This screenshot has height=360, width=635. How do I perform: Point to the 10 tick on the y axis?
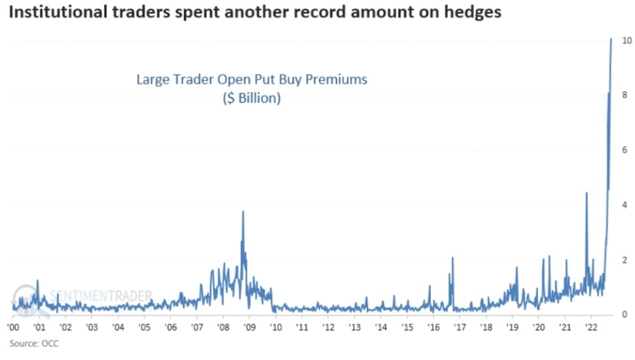(x=626, y=41)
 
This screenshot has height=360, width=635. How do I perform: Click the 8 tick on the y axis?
(x=626, y=96)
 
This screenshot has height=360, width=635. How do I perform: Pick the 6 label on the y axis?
(x=626, y=151)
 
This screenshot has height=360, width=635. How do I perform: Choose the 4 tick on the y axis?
(x=626, y=206)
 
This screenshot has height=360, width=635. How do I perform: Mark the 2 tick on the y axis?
(x=626, y=261)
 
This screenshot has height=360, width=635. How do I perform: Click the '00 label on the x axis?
(x=13, y=327)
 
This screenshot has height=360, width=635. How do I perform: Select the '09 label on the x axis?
(x=249, y=327)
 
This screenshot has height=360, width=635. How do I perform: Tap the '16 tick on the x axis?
(x=433, y=327)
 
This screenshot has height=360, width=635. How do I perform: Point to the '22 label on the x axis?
(x=590, y=327)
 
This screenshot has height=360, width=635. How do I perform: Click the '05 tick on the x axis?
(x=144, y=327)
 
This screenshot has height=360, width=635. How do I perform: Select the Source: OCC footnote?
(x=34, y=343)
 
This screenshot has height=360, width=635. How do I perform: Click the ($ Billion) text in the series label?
(x=251, y=99)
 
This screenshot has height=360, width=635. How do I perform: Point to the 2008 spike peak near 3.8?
(x=243, y=211)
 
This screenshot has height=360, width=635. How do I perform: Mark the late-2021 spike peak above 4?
(x=586, y=192)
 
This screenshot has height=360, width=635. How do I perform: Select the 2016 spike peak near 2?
(x=452, y=257)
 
